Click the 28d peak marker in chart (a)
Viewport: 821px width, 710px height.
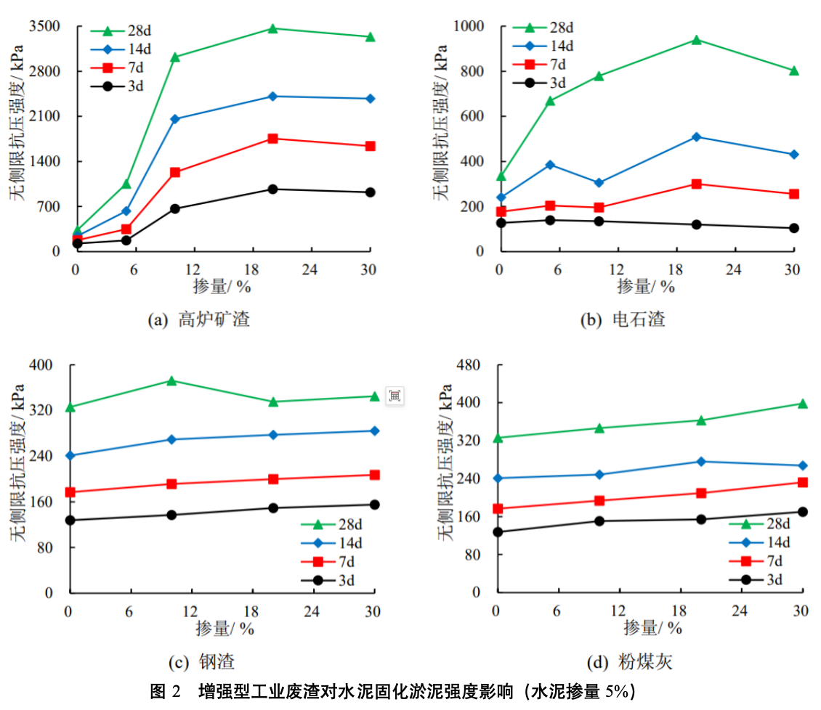pos(272,29)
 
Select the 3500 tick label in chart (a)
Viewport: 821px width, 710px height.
pos(46,27)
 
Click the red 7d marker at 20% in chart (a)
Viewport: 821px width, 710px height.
pos(272,139)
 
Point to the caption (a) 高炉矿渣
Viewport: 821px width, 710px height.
pos(198,319)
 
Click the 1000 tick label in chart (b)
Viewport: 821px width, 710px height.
pos(470,27)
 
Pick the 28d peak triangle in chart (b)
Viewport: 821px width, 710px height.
pos(696,40)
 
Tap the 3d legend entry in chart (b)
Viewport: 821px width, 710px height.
pos(546,83)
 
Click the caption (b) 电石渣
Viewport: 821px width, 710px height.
pos(622,319)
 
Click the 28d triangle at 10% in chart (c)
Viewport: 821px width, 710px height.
pos(171,380)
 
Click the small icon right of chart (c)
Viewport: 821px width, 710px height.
pos(395,396)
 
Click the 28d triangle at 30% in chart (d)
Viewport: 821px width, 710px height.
pos(802,404)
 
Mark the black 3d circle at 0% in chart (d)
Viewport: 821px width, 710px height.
pos(498,532)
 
